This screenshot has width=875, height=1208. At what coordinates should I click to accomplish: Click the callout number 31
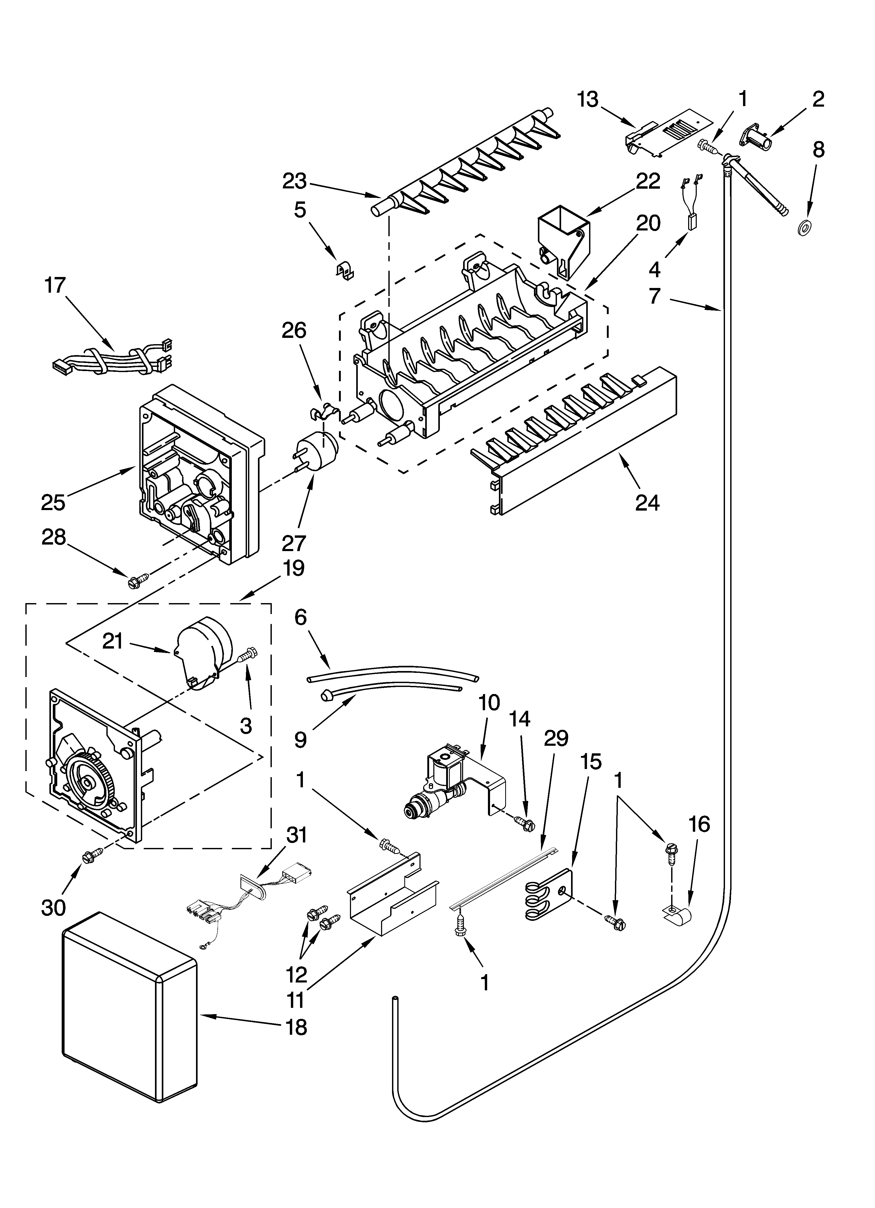click(x=296, y=836)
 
